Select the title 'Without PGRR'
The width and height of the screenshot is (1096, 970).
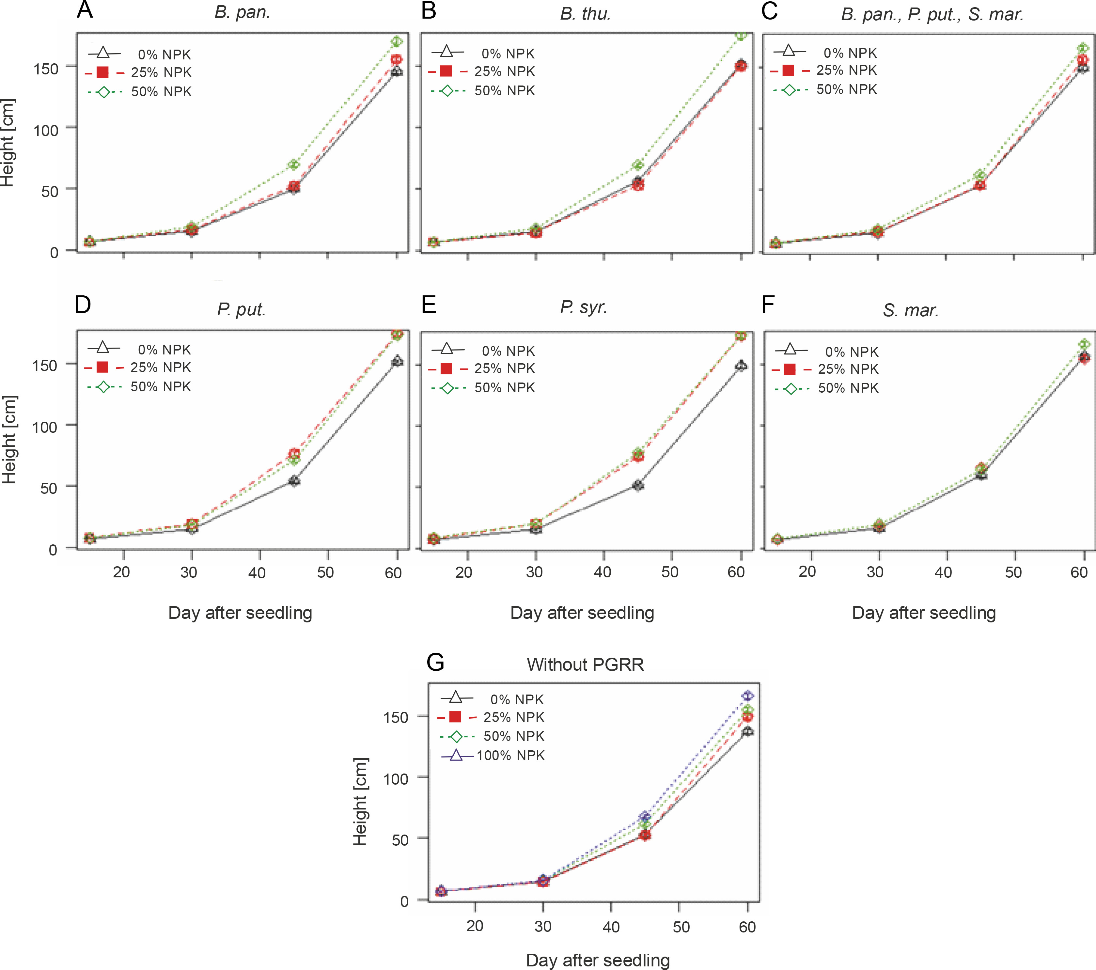[585, 665]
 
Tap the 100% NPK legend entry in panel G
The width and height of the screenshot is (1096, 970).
[493, 756]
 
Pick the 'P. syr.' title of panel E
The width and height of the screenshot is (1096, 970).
[583, 307]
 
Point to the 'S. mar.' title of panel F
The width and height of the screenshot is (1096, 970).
[911, 310]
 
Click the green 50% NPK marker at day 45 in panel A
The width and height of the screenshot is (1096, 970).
[294, 164]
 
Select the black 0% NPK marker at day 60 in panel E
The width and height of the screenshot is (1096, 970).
[741, 366]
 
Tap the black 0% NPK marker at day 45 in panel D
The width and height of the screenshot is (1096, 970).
[294, 480]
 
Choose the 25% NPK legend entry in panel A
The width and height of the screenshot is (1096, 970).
[138, 72]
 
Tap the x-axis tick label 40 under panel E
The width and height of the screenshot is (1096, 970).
[603, 572]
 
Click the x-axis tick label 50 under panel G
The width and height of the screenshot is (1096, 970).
[681, 927]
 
